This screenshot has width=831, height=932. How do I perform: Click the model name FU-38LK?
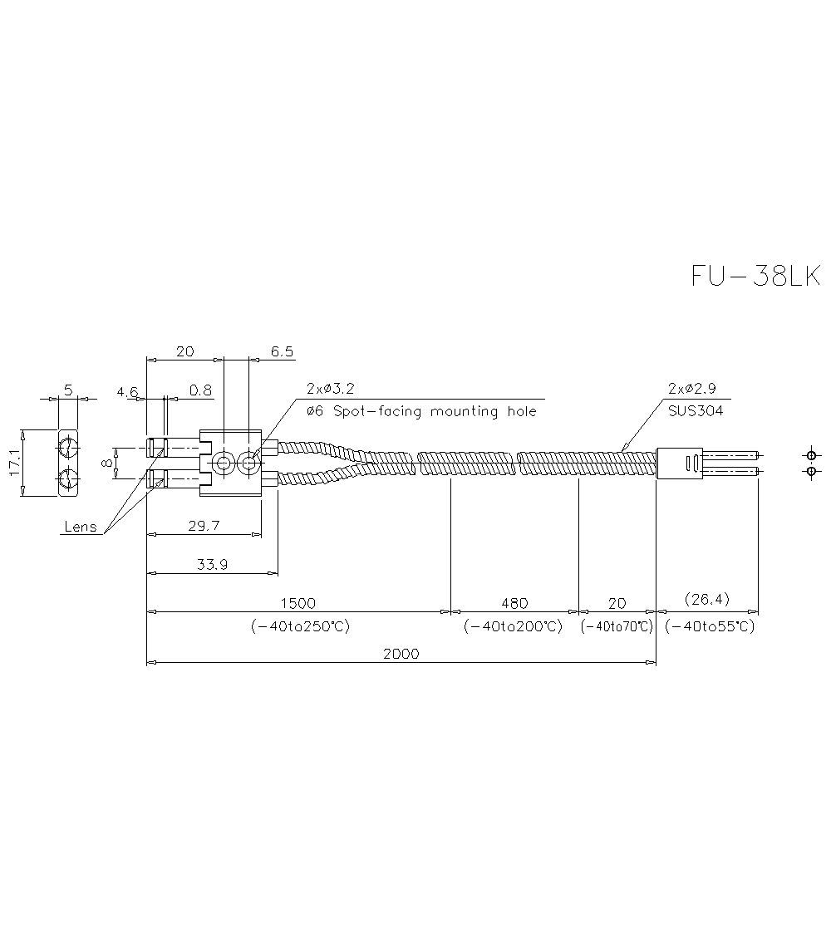[x=755, y=276]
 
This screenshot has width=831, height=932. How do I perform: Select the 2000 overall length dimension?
[x=401, y=653]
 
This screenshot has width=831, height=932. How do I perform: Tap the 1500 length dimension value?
[x=298, y=602]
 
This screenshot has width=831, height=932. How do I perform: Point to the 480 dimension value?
[x=514, y=602]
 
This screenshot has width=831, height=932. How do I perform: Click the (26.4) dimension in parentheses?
[x=706, y=598]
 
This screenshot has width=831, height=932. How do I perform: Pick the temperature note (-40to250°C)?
[x=300, y=626]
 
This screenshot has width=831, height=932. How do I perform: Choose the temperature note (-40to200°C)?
[x=514, y=626]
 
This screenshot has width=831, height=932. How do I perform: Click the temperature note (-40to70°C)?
[x=617, y=626]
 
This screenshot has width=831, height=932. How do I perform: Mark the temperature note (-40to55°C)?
[x=710, y=626]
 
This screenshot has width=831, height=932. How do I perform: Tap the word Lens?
[x=81, y=527]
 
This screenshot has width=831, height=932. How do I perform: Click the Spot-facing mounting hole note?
[x=421, y=411]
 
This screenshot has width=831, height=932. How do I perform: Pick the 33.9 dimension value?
[x=212, y=564]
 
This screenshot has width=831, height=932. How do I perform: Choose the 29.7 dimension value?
[x=204, y=525]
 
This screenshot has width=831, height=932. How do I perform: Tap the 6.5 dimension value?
[x=283, y=351]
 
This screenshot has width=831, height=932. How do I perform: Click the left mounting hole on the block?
[x=223, y=464]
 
